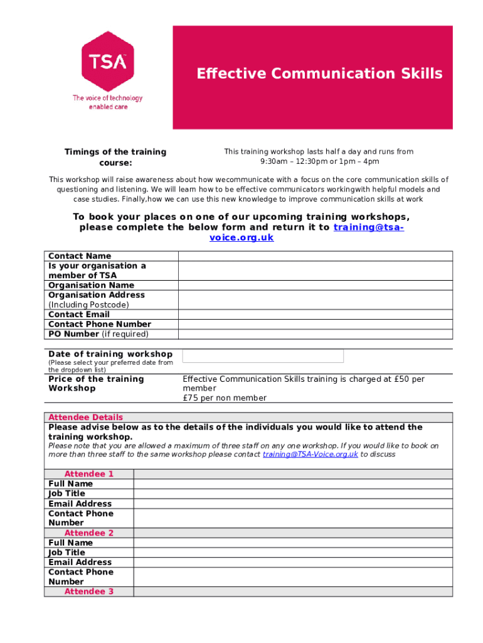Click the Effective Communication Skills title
(319, 74)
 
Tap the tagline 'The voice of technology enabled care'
(108, 102)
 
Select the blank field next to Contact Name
(315, 256)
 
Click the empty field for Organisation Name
(315, 285)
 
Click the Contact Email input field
(315, 315)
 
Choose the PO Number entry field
(315, 334)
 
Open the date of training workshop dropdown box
(263, 356)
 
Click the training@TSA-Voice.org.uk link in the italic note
(310, 454)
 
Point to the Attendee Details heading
(85, 418)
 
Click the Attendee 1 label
(89, 474)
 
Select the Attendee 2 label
(89, 533)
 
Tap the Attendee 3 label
(89, 592)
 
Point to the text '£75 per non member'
(225, 398)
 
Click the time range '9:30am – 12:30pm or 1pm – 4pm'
(319, 161)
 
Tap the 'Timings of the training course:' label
(115, 156)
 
